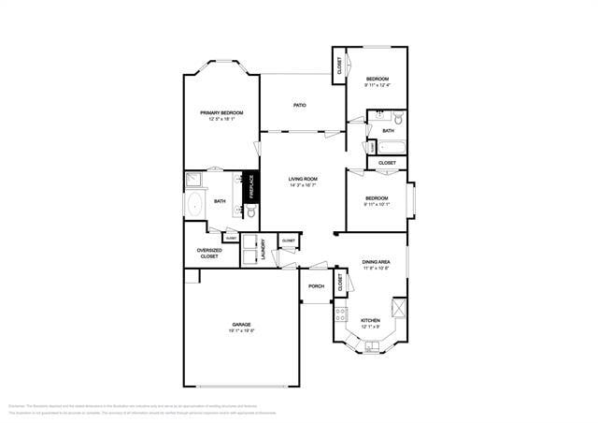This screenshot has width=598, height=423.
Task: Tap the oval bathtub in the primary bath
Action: coord(196,205)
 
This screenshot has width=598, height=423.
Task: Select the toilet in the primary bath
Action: coord(250,212)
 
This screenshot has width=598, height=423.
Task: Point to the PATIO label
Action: coord(300,105)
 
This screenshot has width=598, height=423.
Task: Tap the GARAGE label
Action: coord(241,325)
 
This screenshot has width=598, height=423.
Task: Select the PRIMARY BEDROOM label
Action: coord(221,112)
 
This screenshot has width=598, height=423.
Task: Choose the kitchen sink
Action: coord(373,346)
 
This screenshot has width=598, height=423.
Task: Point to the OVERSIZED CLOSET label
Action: coord(209,253)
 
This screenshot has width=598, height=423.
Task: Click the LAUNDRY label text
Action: coord(264,250)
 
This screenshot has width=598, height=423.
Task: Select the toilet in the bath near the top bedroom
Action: coord(399,119)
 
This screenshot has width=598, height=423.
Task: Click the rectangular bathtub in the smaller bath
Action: coord(391,147)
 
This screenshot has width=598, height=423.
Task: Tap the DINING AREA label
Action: coord(377,262)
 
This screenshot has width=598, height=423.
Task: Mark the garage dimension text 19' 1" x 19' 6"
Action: coord(241,330)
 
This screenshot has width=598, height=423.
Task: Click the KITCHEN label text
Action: coord(370,320)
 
